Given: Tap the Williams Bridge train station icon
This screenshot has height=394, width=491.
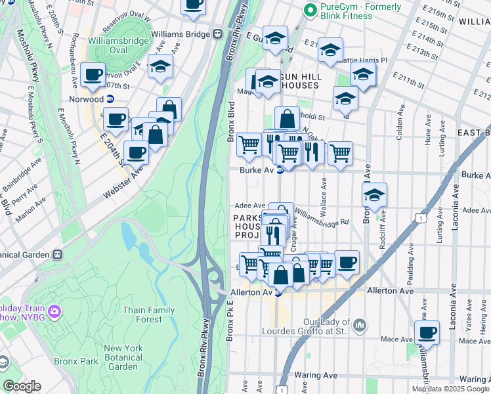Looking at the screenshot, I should click(215, 34).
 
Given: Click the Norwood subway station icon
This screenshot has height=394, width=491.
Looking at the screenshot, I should click(110, 99).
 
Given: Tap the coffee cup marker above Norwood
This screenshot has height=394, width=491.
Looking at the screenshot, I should click(94, 75).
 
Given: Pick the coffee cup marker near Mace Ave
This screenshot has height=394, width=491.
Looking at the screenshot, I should click(427, 332).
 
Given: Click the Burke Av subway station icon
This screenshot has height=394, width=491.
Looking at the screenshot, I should click(280, 170).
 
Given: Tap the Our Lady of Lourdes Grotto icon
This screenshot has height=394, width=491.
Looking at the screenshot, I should click(359, 325).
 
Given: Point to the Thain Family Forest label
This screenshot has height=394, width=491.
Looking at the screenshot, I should click(142, 315).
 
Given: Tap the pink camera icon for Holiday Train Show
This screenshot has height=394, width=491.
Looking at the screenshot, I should click(54, 310).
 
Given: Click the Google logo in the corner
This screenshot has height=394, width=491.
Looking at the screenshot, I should click(22, 385).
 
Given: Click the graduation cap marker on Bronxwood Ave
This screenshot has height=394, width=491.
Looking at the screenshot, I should click(374, 195).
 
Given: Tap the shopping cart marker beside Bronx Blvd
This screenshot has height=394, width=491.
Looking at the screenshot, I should click(249, 144).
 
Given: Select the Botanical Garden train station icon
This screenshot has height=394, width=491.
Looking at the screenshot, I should click(57, 254).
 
